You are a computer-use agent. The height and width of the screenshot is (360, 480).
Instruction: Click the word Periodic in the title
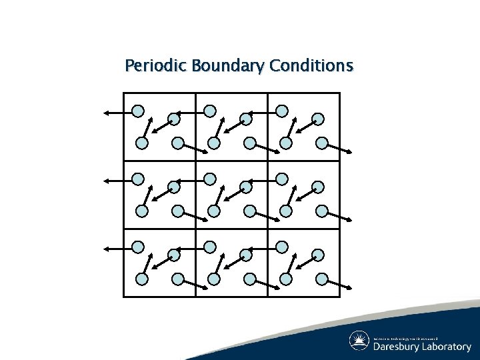[x=155, y=67]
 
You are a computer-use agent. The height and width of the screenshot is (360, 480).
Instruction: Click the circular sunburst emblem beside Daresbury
[x=359, y=341]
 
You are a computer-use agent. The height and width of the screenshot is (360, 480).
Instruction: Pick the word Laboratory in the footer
[x=447, y=347]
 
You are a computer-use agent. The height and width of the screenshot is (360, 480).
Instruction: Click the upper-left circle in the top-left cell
[x=137, y=111]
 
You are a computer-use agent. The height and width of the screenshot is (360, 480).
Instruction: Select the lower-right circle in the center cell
[x=250, y=211]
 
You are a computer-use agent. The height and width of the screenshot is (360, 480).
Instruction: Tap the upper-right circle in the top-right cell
[x=318, y=119]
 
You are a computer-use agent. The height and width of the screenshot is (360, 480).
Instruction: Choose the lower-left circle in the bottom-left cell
[x=141, y=279]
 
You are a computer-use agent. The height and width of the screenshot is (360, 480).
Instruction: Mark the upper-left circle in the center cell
[x=209, y=179]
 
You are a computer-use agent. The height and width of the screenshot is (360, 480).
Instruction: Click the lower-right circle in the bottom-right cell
[x=322, y=279]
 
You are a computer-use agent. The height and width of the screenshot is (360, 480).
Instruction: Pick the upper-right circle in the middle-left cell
[x=173, y=187]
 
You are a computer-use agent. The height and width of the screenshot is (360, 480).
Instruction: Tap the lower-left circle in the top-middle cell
[x=213, y=143]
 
